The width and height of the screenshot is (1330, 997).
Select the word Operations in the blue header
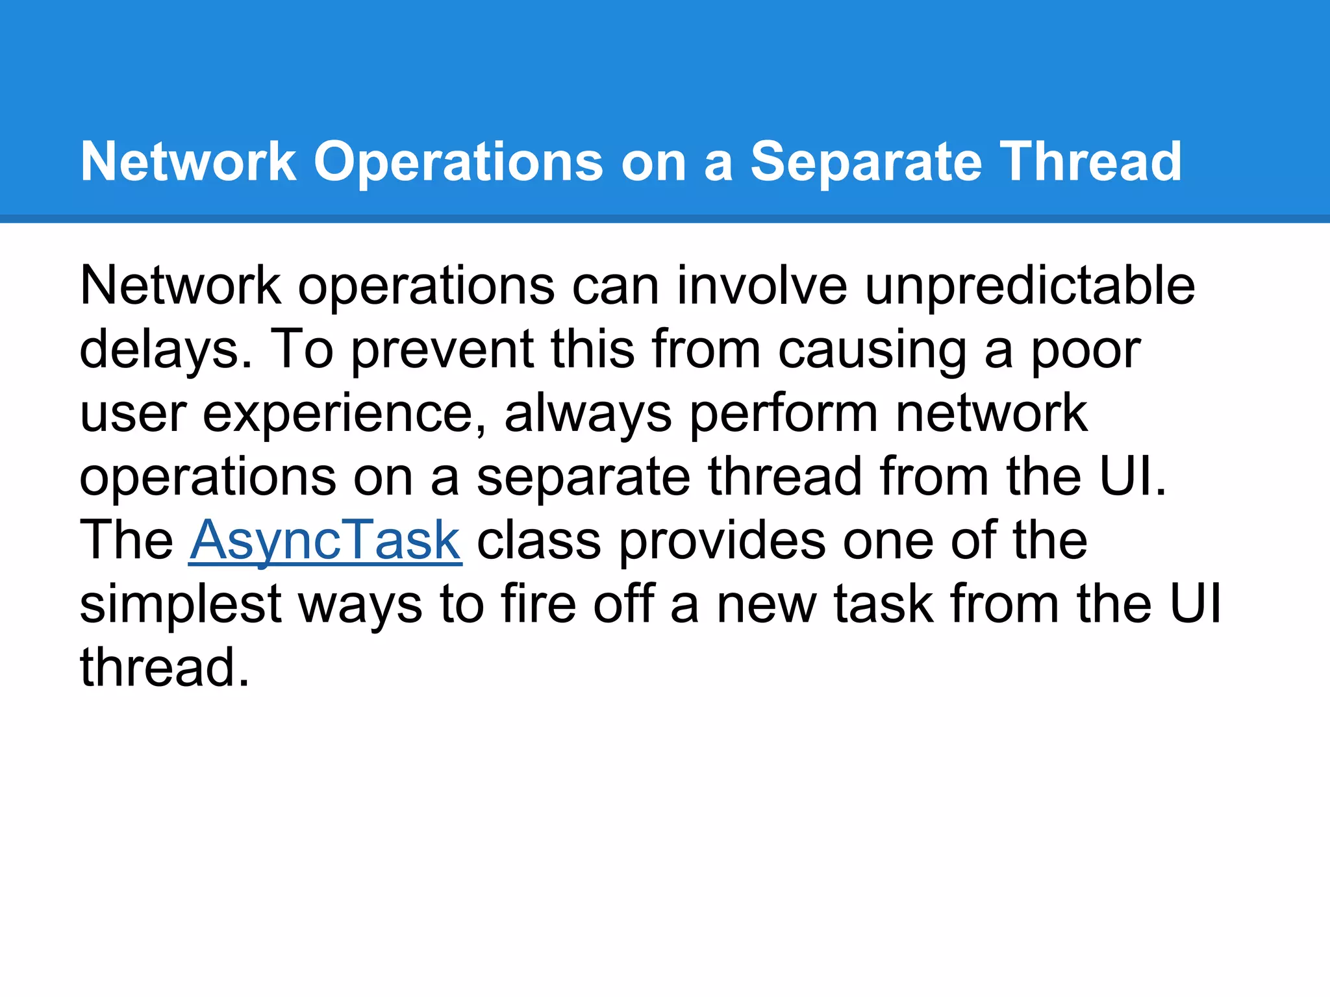pos(458,162)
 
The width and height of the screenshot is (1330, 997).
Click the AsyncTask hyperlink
pos(325,540)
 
